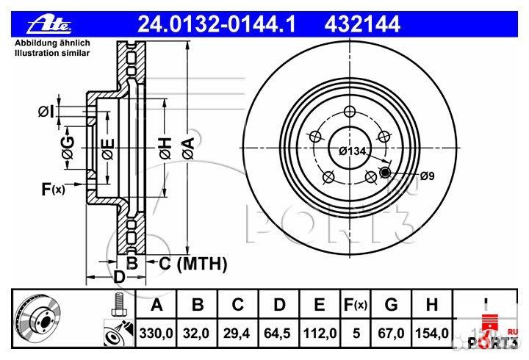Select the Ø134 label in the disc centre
[352, 151]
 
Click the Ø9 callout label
[429, 176]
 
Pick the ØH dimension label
[165, 149]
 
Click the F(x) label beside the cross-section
[52, 190]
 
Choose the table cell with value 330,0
[156, 333]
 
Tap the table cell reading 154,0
[431, 333]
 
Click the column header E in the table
[320, 304]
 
